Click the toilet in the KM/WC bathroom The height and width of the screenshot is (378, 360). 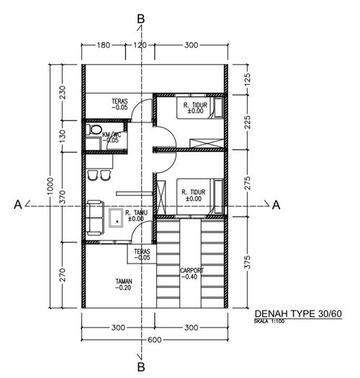coord(94,130)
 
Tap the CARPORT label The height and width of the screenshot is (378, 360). coord(192,271)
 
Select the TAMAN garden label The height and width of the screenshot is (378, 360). coord(124,282)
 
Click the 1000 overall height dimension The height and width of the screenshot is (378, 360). coord(50,186)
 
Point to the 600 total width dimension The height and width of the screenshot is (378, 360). coord(155,340)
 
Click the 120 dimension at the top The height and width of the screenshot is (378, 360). coord(140,45)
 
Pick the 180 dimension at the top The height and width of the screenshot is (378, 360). coord(104,45)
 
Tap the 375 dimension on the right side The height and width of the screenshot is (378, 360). coord(248,262)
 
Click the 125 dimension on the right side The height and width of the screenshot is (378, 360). coord(248,79)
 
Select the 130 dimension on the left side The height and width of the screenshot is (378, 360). coord(62,136)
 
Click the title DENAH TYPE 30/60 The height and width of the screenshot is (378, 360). coord(298,314)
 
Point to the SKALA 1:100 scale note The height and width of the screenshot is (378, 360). coord(269,321)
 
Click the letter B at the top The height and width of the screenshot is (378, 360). coord(141,19)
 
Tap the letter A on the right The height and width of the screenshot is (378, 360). coord(276,205)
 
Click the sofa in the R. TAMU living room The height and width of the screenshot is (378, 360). coord(96,217)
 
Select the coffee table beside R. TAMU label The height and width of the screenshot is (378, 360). coord(116,218)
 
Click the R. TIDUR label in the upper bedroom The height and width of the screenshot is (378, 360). coord(195,105)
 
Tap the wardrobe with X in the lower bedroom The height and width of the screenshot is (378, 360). coord(161,197)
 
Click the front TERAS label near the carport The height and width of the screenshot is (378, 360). coord(142,251)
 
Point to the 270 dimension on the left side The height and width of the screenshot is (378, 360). coord(62,275)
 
